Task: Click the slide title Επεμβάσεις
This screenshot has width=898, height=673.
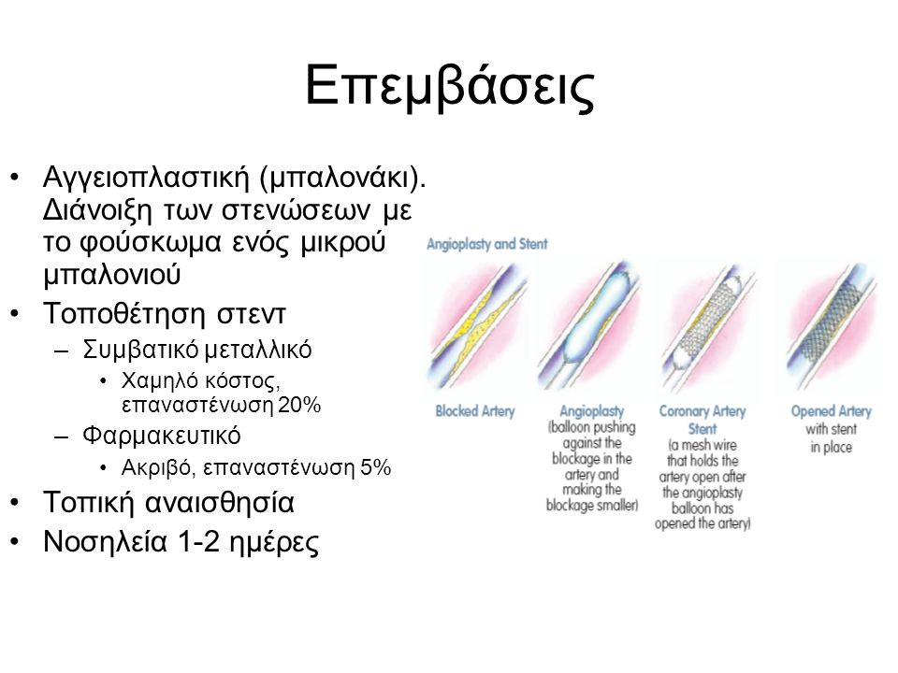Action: click(450, 86)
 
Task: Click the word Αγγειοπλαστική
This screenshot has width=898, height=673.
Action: click(146, 178)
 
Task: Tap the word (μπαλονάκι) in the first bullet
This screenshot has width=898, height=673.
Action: click(343, 178)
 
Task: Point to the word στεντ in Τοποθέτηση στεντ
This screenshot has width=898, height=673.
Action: click(251, 314)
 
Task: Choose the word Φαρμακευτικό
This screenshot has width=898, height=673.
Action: click(162, 437)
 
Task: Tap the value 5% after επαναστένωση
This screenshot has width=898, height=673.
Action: click(375, 467)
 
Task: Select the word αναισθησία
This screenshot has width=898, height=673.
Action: click(219, 503)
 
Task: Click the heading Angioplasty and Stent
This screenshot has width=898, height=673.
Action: click(486, 244)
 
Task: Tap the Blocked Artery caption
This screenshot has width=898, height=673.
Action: click(475, 411)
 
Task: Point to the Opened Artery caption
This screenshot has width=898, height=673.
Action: click(831, 411)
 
